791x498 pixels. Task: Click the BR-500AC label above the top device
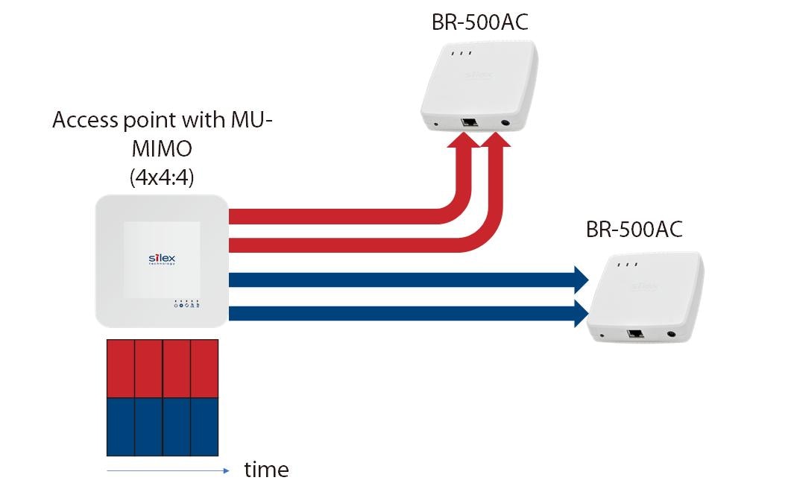pos(479,22)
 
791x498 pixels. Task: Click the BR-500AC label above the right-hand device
pos(634,229)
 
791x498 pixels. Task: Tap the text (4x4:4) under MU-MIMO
pos(162,178)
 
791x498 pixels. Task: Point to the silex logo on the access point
pos(162,258)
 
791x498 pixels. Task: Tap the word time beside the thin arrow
pos(266,470)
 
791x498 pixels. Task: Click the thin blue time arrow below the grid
pos(168,470)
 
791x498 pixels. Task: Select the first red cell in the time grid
pos(121,368)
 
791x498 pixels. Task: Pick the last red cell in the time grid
pos(204,368)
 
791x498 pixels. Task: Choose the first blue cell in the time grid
pos(121,426)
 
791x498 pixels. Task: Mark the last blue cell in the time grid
pos(204,426)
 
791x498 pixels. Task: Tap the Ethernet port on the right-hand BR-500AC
pos(636,334)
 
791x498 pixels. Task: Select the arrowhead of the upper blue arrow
pos(579,280)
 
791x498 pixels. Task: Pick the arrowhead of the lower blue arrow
pos(579,314)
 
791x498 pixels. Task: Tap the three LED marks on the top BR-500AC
pos(461,54)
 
